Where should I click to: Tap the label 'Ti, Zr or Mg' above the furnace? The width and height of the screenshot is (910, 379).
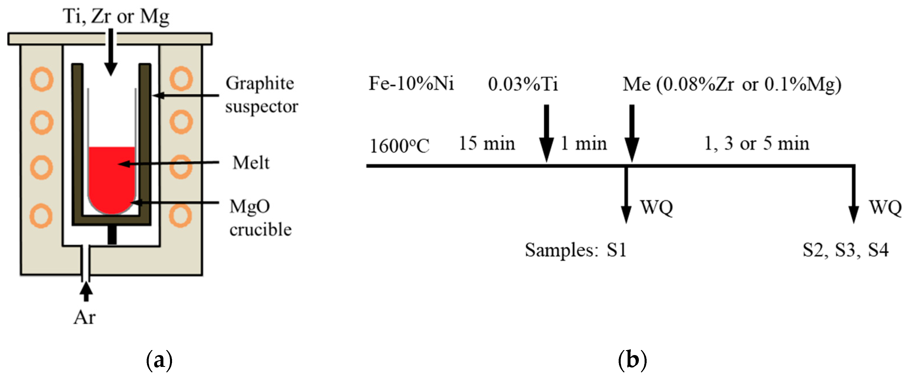tap(116, 16)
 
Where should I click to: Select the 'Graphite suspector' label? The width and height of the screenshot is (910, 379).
tap(261, 95)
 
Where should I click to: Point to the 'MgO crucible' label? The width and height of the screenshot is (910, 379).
tap(260, 218)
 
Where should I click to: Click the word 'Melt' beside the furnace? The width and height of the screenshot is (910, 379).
tap(251, 163)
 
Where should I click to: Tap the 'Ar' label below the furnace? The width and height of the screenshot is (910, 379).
tap(84, 317)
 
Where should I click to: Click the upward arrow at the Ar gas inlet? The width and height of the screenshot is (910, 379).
tap(86, 292)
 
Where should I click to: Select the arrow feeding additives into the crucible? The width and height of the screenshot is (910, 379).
tap(111, 53)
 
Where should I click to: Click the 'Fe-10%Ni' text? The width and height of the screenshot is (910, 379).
tap(411, 84)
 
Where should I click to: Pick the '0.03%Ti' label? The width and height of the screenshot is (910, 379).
tap(523, 84)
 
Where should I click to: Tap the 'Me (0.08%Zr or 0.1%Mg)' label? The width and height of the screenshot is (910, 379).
tap(732, 84)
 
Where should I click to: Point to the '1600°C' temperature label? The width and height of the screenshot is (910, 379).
tap(399, 146)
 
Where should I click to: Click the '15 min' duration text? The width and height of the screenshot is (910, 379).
tap(487, 144)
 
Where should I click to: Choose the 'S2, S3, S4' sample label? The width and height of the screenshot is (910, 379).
tap(845, 250)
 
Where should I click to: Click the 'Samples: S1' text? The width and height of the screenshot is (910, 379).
tap(575, 250)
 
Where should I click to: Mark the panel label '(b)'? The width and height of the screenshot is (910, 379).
tap(632, 360)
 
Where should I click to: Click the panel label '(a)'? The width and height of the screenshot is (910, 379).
tap(159, 360)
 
